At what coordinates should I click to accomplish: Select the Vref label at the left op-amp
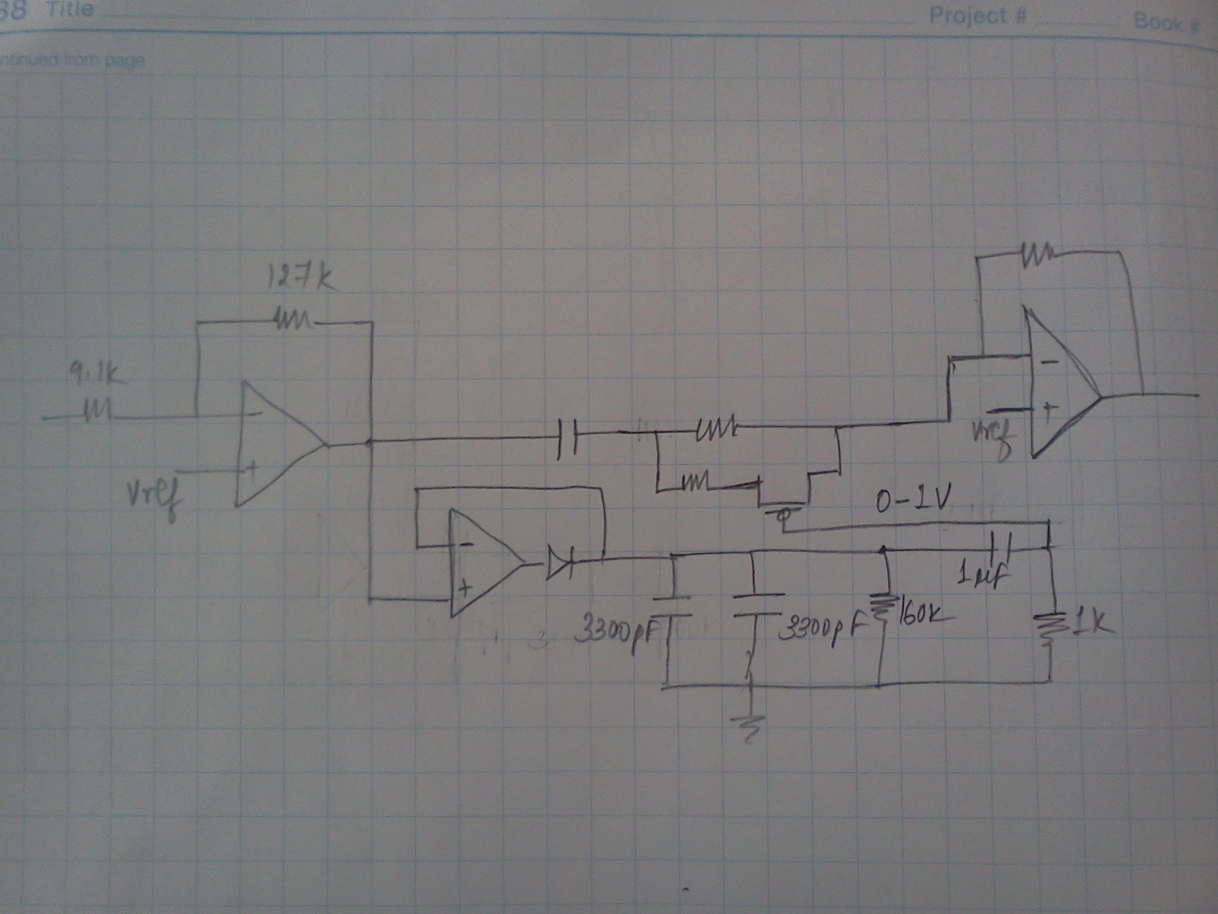tap(153, 499)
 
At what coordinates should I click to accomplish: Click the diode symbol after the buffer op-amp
tap(560, 563)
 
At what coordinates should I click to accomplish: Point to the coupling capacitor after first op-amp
tap(569, 438)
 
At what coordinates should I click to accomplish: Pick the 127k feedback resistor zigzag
tap(292, 323)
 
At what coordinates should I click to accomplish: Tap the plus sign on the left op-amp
tap(252, 469)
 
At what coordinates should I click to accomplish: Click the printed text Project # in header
tap(978, 15)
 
